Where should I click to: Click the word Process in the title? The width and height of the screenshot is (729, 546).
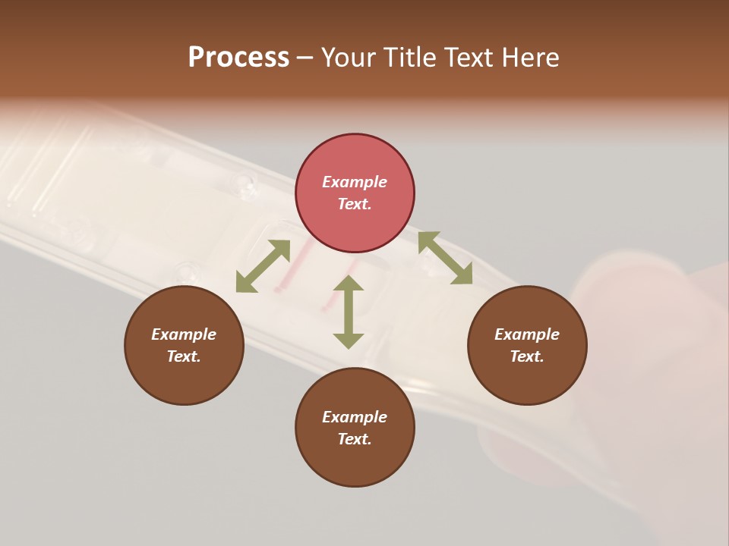(238, 58)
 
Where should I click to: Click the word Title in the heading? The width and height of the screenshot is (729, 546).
(411, 58)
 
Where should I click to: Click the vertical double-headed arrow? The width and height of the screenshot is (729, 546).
(349, 312)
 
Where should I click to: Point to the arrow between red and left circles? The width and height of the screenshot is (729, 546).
(263, 266)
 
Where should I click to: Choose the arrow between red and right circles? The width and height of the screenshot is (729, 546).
(445, 258)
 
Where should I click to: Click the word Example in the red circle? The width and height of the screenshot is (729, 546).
(355, 182)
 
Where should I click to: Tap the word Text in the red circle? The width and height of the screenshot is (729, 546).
(355, 204)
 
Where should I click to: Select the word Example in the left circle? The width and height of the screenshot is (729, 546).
(184, 334)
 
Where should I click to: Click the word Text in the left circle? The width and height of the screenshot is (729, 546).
(184, 356)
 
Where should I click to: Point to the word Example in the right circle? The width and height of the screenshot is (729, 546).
(527, 334)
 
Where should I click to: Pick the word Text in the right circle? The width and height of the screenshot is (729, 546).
(527, 356)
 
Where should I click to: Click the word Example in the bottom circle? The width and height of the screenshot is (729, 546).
(355, 417)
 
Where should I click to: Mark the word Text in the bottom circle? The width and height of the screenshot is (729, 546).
(355, 439)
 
